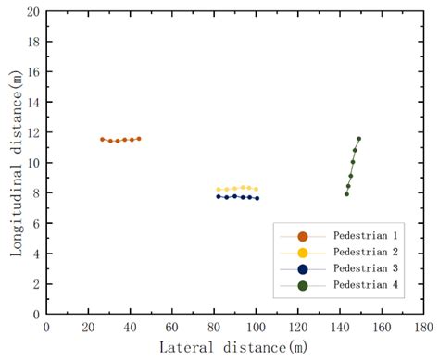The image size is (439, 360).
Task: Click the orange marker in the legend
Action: tap(302, 236)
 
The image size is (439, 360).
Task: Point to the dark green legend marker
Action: tap(302, 283)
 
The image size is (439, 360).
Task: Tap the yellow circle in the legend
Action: tap(302, 252)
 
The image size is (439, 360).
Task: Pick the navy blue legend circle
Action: tap(302, 267)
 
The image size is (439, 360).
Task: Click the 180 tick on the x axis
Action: tap(424, 327)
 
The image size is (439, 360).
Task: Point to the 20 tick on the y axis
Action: tap(32, 12)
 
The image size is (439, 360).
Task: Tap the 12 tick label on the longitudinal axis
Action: tap(32, 132)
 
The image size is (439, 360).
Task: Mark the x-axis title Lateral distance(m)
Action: tap(232, 347)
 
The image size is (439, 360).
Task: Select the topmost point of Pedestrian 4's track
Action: tap(358, 139)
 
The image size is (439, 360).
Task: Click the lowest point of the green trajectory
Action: tap(346, 193)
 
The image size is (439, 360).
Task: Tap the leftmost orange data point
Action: tap(102, 139)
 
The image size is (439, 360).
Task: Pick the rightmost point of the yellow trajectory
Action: tap(256, 189)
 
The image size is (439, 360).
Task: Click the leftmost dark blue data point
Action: tap(219, 196)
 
